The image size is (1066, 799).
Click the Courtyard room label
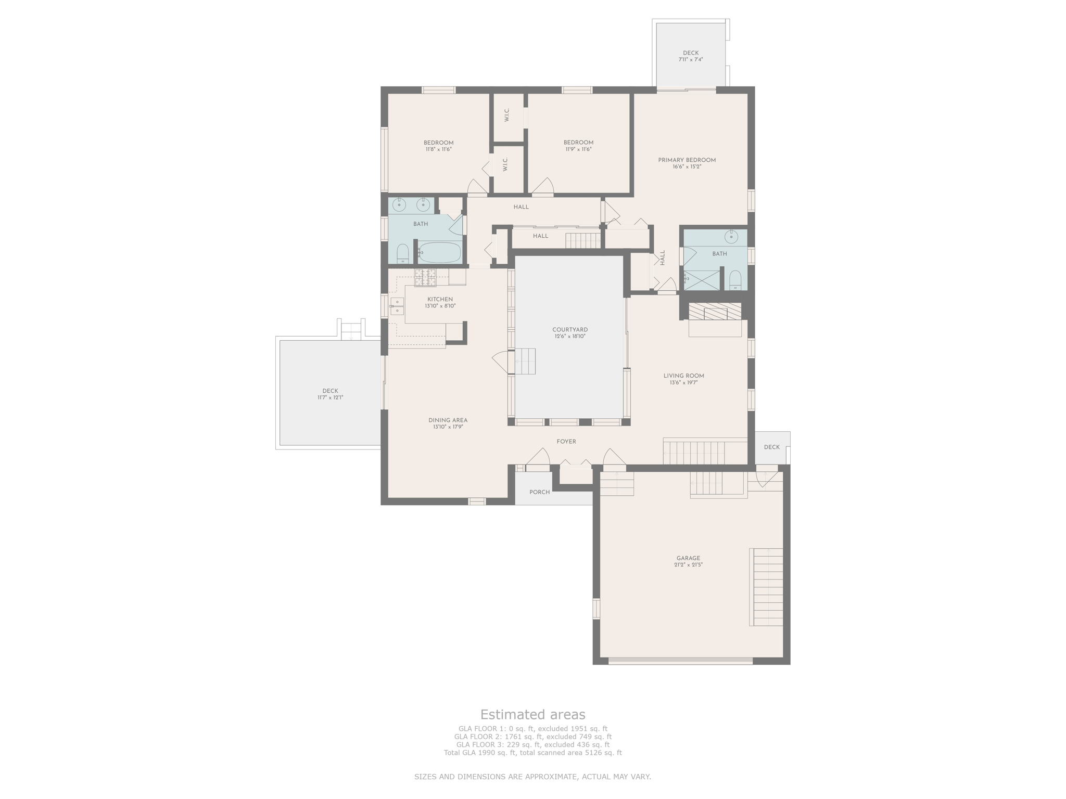[x=570, y=330]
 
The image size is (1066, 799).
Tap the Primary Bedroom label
[x=687, y=160]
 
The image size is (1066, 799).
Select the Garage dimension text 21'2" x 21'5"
[x=689, y=565]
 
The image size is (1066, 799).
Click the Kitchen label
[x=440, y=299]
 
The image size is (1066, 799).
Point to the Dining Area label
[x=448, y=420]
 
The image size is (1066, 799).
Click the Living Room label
[x=684, y=376]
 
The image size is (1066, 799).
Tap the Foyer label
[x=566, y=442]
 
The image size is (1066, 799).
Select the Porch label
[x=540, y=492]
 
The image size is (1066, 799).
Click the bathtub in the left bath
[x=440, y=252]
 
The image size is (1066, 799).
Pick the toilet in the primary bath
[x=735, y=279]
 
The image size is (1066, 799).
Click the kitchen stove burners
[x=425, y=278]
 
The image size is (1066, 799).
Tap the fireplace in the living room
[x=715, y=312]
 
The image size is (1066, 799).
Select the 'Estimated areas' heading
[x=532, y=714]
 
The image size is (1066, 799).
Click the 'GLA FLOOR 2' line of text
[x=532, y=737]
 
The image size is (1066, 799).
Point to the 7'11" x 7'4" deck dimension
[x=691, y=60]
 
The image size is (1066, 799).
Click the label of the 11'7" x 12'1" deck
[x=331, y=391]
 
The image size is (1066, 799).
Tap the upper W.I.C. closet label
[x=507, y=115]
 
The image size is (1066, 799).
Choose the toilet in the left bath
[x=403, y=253]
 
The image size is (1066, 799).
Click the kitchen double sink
[x=397, y=306]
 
